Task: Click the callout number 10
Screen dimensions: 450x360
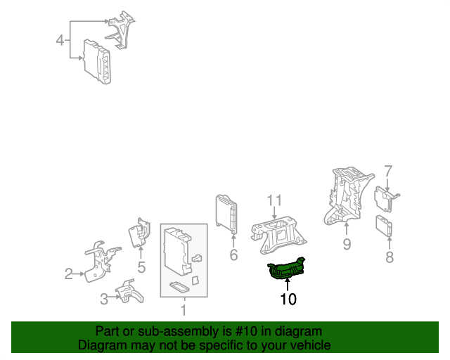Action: point(288,299)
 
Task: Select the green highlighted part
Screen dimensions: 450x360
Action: point(286,269)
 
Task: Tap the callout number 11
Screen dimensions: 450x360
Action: point(274,200)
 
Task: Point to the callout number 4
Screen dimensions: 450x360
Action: point(60,40)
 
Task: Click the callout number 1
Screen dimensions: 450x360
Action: point(184,310)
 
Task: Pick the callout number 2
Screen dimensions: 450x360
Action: point(68,274)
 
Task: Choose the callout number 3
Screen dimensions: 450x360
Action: point(104,299)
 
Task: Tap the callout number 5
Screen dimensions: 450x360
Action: point(141,267)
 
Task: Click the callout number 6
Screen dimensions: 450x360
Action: point(233,255)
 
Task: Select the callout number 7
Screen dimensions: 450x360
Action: point(388,171)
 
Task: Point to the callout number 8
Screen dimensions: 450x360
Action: point(389,257)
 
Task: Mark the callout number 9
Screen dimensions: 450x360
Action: point(347,244)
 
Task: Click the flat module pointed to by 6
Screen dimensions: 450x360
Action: point(226,214)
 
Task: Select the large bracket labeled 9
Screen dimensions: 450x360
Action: point(348,195)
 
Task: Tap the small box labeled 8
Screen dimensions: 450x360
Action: point(384,226)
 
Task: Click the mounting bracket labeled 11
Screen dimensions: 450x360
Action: point(278,236)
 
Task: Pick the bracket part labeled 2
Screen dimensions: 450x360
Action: point(101,262)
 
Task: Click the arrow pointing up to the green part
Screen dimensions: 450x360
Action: point(287,285)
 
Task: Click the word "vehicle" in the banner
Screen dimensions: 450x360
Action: point(314,345)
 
